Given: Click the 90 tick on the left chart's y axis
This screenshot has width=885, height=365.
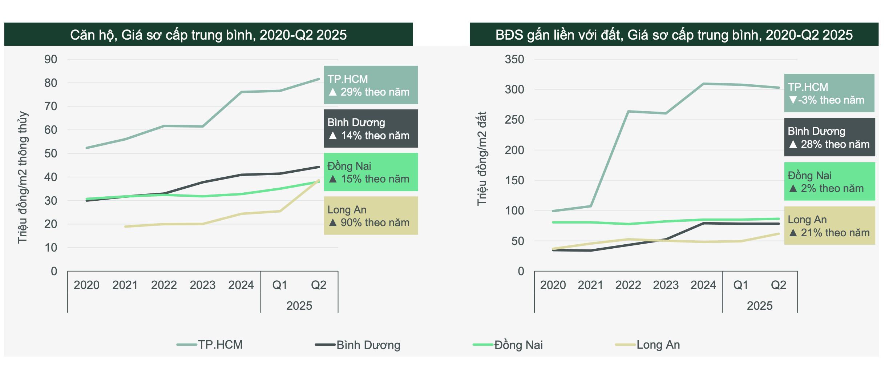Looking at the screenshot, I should pyautogui.click(x=50, y=59).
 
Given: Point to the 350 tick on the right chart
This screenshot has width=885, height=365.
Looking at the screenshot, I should pyautogui.click(x=514, y=59).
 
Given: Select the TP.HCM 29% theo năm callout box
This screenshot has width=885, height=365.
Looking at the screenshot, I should pyautogui.click(x=371, y=85).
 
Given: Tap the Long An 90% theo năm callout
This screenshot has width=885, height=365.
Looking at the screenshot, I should pyautogui.click(x=371, y=216).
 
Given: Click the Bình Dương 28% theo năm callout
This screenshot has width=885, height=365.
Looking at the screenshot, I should pyautogui.click(x=829, y=137).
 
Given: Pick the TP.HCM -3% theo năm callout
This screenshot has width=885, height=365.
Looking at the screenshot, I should pyautogui.click(x=829, y=93).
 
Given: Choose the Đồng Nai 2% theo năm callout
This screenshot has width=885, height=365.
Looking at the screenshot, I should pyautogui.click(x=829, y=181).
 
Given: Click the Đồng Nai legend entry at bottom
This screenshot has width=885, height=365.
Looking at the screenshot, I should pyautogui.click(x=509, y=345).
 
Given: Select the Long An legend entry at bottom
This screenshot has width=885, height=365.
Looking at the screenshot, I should pyautogui.click(x=648, y=345).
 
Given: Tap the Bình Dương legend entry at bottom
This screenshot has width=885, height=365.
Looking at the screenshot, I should pyautogui.click(x=358, y=345).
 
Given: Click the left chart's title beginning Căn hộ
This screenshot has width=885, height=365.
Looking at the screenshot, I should pyautogui.click(x=208, y=35).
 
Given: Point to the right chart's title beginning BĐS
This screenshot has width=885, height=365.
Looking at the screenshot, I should pyautogui.click(x=674, y=35).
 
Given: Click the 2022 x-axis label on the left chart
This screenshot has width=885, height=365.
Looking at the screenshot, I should pyautogui.click(x=164, y=285).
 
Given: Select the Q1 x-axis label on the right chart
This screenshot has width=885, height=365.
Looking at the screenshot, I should pyautogui.click(x=740, y=285).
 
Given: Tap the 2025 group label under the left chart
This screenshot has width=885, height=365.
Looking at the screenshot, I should pyautogui.click(x=299, y=306).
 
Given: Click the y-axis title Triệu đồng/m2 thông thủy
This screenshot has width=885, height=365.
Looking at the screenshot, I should pyautogui.click(x=23, y=177).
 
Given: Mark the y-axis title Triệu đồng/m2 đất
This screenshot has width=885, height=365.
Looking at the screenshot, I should pyautogui.click(x=482, y=159).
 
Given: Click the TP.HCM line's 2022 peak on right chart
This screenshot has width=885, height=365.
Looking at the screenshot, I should pyautogui.click(x=628, y=112).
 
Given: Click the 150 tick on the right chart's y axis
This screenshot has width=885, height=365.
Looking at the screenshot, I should pyautogui.click(x=514, y=180).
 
